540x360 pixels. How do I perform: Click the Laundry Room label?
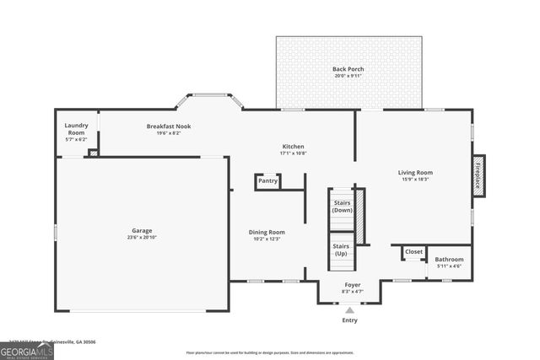pos(76,129)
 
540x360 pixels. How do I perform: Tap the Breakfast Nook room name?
pos(169,126)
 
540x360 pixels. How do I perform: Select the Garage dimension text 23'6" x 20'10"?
pos(141,238)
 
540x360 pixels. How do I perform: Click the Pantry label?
pos(267,180)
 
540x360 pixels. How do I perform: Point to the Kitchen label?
pos(293,146)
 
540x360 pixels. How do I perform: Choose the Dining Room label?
pos(266,232)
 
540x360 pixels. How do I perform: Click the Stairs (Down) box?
pos(342,206)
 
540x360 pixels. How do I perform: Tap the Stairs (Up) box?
pos(342,250)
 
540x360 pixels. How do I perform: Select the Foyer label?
pos(352,284)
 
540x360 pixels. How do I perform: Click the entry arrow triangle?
pos(349,310)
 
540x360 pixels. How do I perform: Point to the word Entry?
pos(349,320)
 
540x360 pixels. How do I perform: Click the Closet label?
pos(413,251)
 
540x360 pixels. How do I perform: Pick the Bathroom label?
pos(449,259)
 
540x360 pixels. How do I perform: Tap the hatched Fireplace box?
pos(478,176)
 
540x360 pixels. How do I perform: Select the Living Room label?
pos(414,173)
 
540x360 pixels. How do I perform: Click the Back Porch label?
pos(348,68)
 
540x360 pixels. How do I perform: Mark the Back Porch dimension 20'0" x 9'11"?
pos(348,76)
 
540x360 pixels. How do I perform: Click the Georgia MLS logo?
pos(27,349)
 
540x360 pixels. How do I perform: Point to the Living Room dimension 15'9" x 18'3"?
pos(414,180)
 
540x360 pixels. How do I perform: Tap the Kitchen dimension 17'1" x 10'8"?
pos(293,153)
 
